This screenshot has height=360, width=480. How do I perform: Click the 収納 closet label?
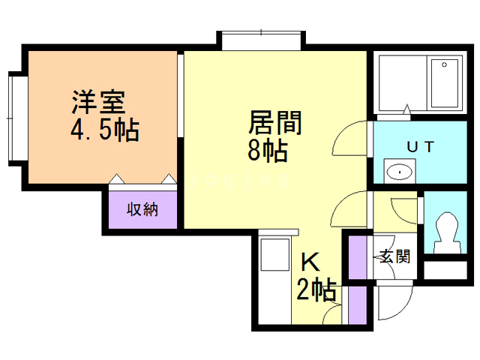click(142, 209)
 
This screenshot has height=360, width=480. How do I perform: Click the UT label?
click(419, 147)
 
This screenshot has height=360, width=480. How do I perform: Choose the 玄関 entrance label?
click(394, 256)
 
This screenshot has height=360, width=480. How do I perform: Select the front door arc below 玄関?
click(392, 304)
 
